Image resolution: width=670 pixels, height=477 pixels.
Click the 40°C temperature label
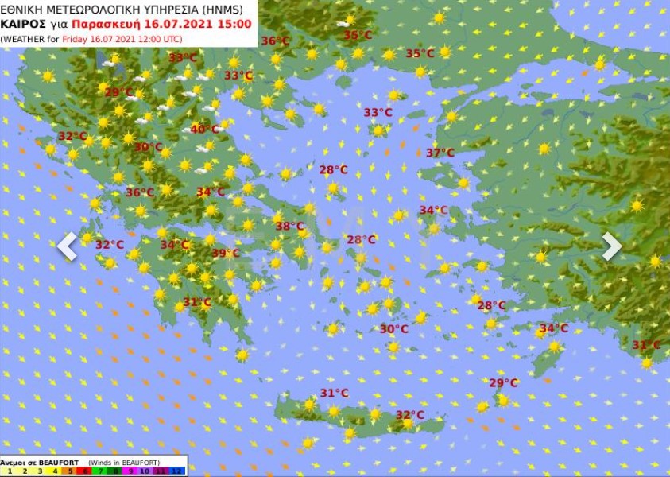tap(204, 130)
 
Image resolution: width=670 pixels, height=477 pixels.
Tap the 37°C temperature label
tap(440, 153)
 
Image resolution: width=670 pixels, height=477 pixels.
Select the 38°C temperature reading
tap(289, 227)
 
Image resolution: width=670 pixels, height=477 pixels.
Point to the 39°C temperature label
tap(226, 254)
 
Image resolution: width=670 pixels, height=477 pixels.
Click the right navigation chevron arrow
tap(611, 246)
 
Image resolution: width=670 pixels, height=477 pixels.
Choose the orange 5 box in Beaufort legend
tap(70, 471)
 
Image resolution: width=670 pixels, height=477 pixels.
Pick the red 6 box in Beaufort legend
tap(86, 471)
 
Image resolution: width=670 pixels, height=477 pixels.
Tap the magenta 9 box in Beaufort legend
tap(133, 471)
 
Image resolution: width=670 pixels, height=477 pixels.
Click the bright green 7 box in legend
tap(102, 471)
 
